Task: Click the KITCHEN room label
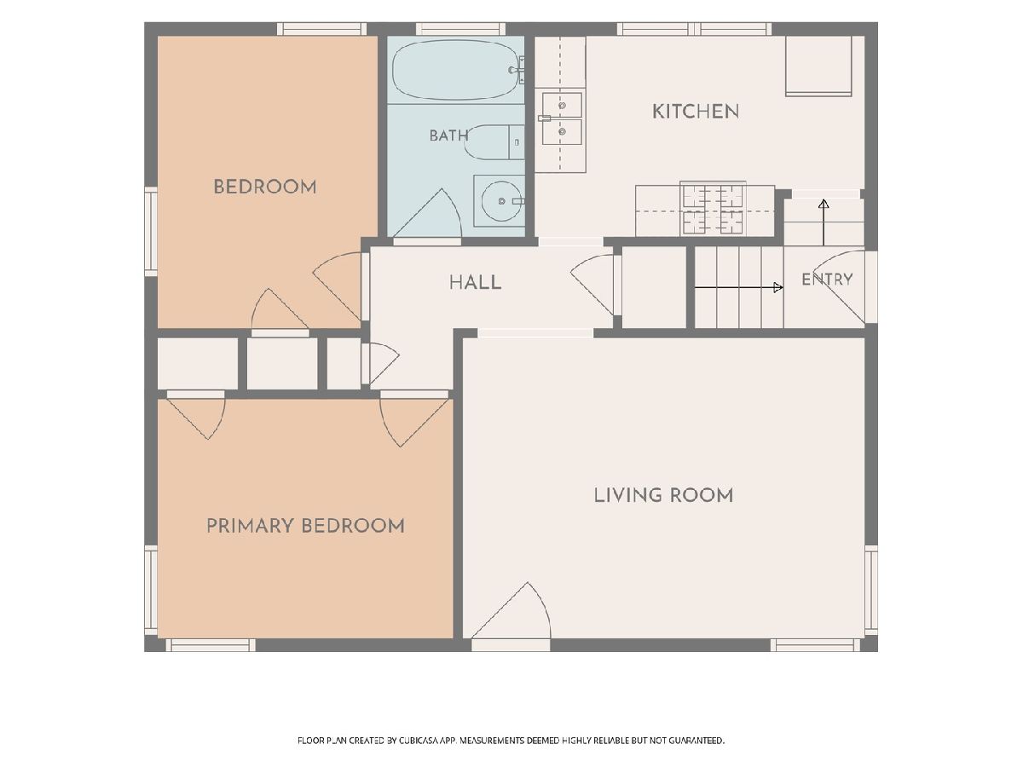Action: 696,112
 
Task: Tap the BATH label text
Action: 448,136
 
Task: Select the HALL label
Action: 475,283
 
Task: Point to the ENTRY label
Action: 827,280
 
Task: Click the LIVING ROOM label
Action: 663,495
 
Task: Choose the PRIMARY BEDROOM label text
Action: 305,526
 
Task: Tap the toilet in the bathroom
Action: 494,142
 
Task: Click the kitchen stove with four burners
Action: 713,209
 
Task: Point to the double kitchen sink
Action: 562,118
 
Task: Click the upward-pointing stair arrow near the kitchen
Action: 824,222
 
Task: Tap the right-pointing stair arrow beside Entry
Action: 739,288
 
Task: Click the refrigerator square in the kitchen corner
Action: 819,66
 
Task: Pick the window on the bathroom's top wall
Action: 460,29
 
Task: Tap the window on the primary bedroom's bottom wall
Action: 211,645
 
